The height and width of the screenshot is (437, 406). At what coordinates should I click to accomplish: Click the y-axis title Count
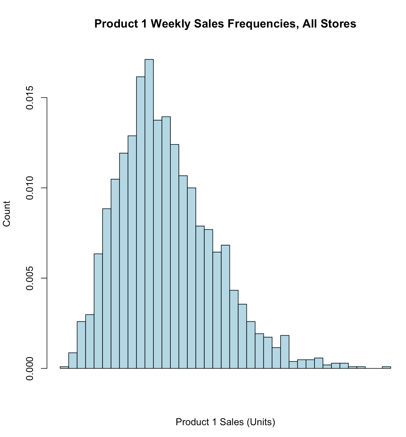(7, 214)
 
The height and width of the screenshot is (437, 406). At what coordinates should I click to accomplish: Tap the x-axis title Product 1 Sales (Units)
(225, 422)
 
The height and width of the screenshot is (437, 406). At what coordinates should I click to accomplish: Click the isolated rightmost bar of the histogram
(386, 367)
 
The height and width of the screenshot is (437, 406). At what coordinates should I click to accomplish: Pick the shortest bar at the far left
(64, 367)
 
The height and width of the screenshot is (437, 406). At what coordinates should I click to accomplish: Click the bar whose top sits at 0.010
(192, 278)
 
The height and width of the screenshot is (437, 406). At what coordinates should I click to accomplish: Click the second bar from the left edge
(73, 361)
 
